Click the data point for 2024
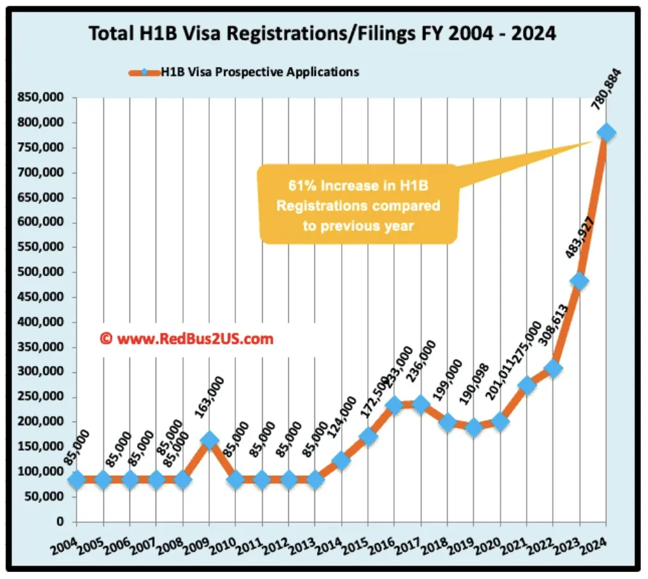[x=607, y=133]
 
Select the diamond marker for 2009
[x=209, y=440]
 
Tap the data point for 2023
[x=580, y=281]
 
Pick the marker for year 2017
[x=421, y=404]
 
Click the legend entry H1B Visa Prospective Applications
[x=259, y=72]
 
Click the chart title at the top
[x=322, y=33]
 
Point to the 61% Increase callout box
[x=358, y=204]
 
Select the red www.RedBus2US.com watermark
[x=188, y=339]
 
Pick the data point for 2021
[x=527, y=385]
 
